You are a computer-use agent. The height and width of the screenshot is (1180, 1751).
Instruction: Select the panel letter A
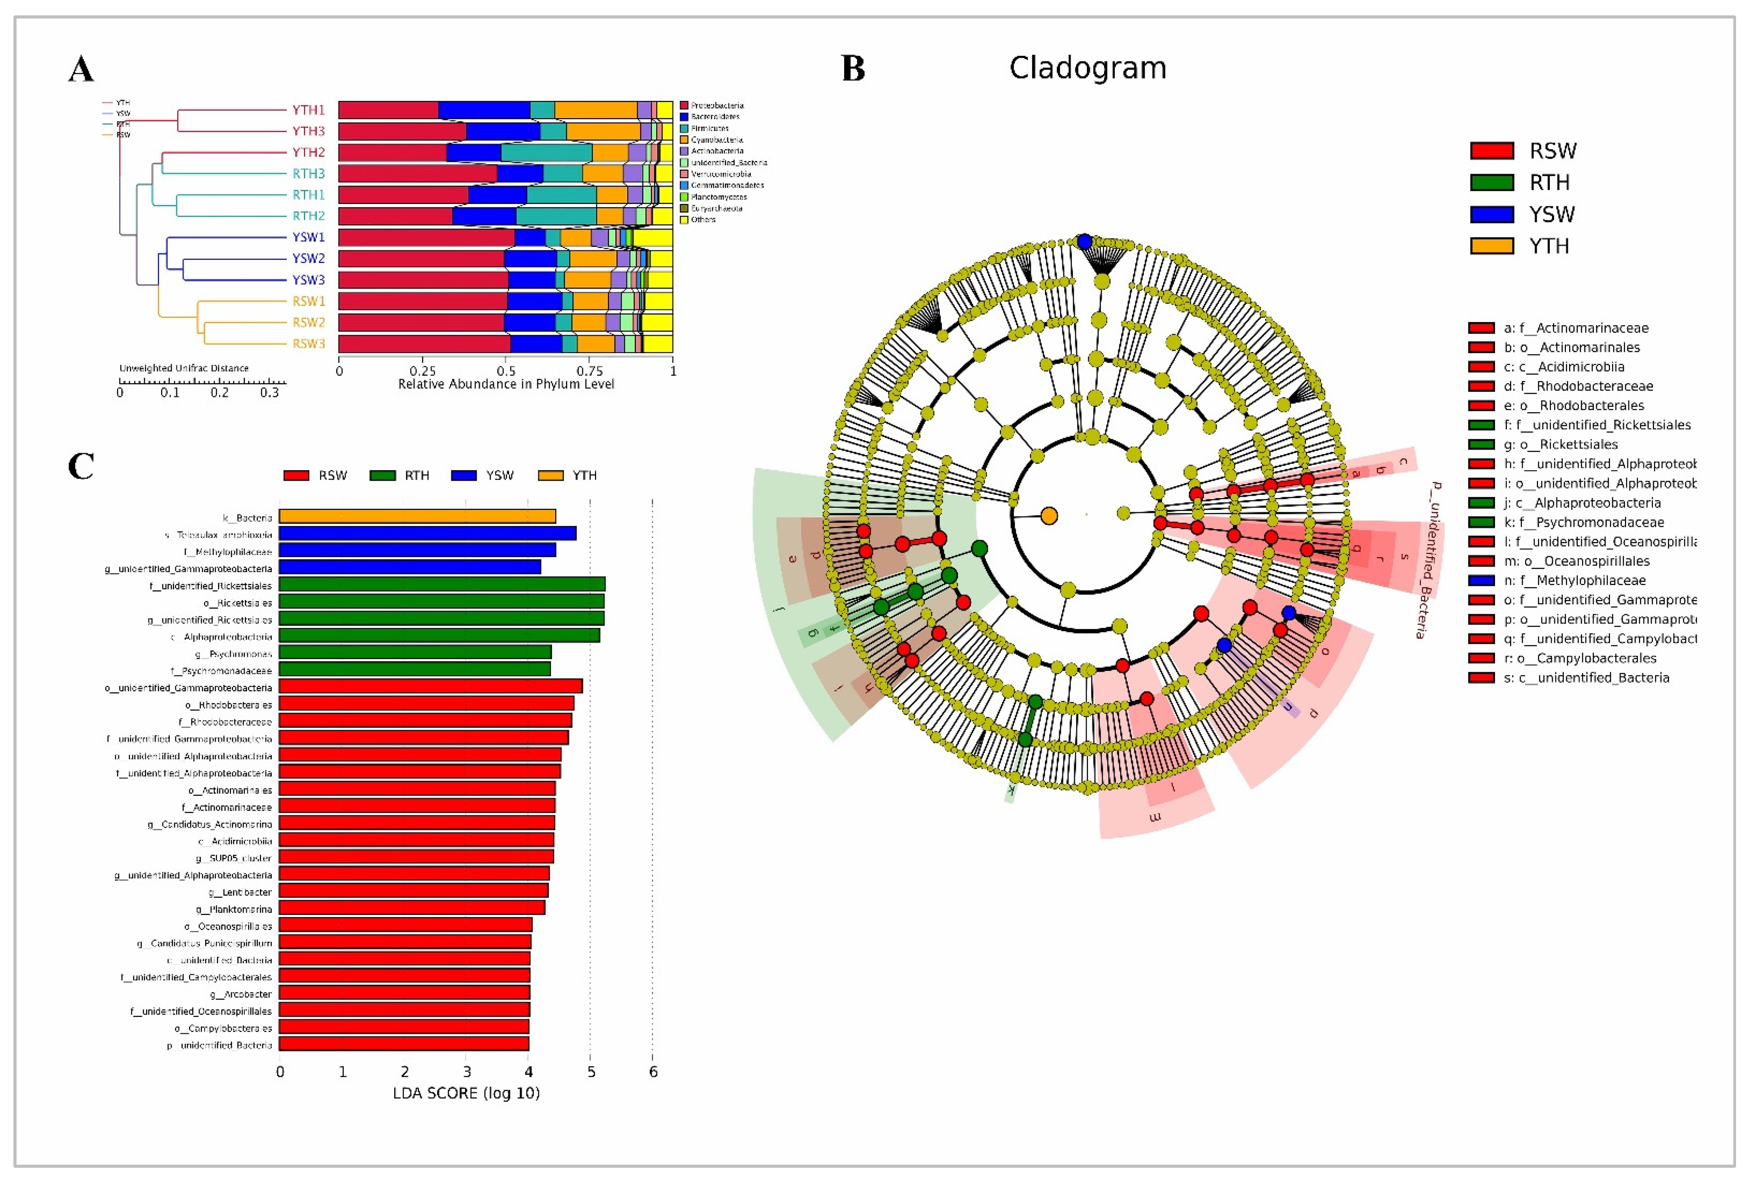point(81,70)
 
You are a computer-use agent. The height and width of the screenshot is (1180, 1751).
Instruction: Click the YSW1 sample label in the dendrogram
point(309,237)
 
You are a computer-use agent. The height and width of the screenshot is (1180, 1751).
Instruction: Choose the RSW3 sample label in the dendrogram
point(309,344)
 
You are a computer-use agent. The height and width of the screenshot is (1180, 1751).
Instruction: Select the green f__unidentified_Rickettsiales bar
point(442,584)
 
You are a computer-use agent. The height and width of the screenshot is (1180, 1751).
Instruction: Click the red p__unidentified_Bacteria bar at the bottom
point(404,1044)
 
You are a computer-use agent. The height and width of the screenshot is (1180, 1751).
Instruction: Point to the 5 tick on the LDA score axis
point(591,1072)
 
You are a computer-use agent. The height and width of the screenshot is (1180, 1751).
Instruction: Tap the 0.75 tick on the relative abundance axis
point(589,371)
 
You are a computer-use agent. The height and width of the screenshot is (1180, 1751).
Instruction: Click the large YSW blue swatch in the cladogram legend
point(1492,215)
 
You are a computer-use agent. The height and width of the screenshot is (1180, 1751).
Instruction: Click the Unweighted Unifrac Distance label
point(183,368)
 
